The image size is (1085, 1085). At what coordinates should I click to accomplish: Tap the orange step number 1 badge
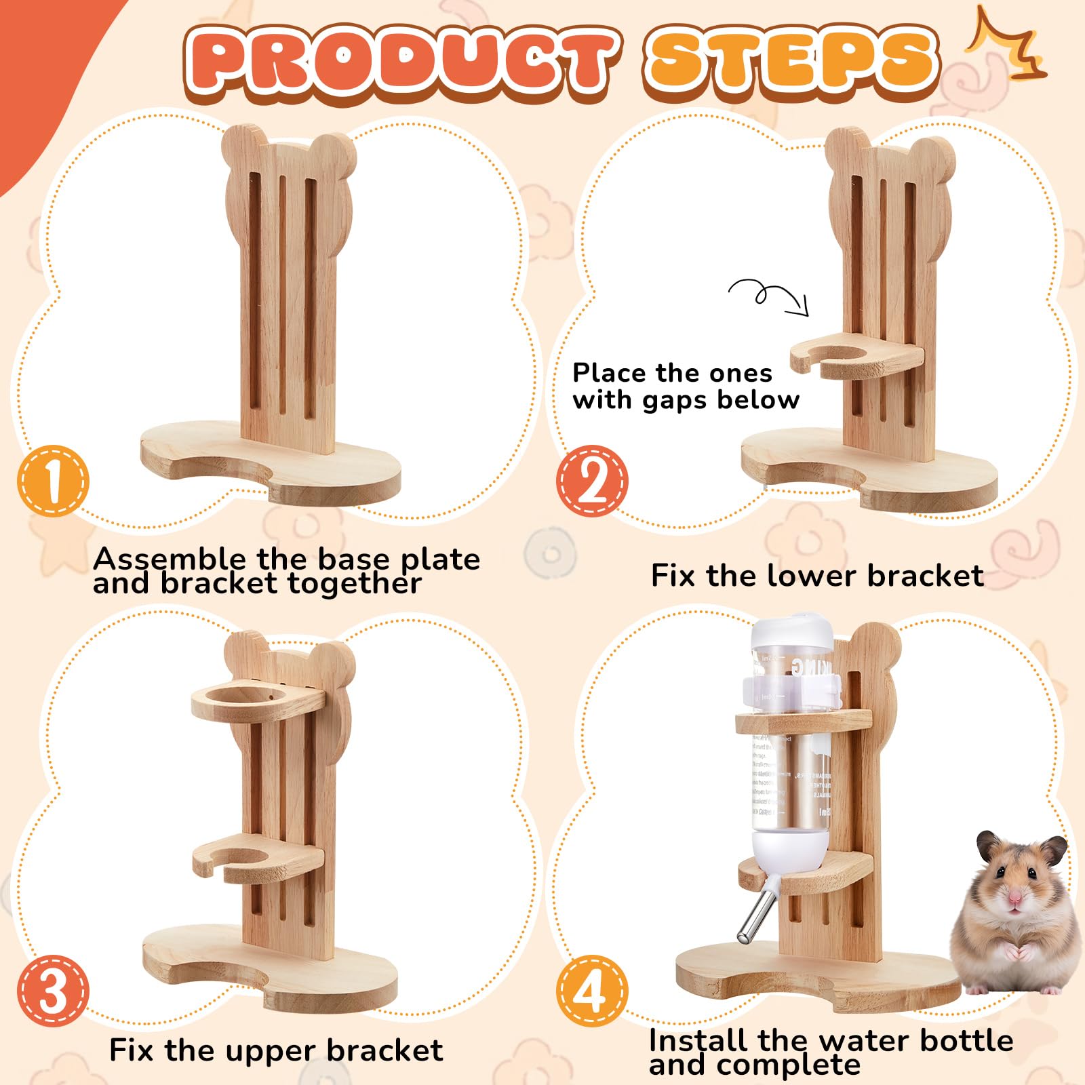coord(53,481)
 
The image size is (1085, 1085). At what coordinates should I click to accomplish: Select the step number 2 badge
coord(592,481)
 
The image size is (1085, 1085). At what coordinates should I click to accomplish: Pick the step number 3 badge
coord(53,990)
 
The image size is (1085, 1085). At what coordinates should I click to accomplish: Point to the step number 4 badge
coord(592,990)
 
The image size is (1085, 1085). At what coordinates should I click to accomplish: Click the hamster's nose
coord(1014,899)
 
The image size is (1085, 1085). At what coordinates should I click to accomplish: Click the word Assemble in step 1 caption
coord(170,559)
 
